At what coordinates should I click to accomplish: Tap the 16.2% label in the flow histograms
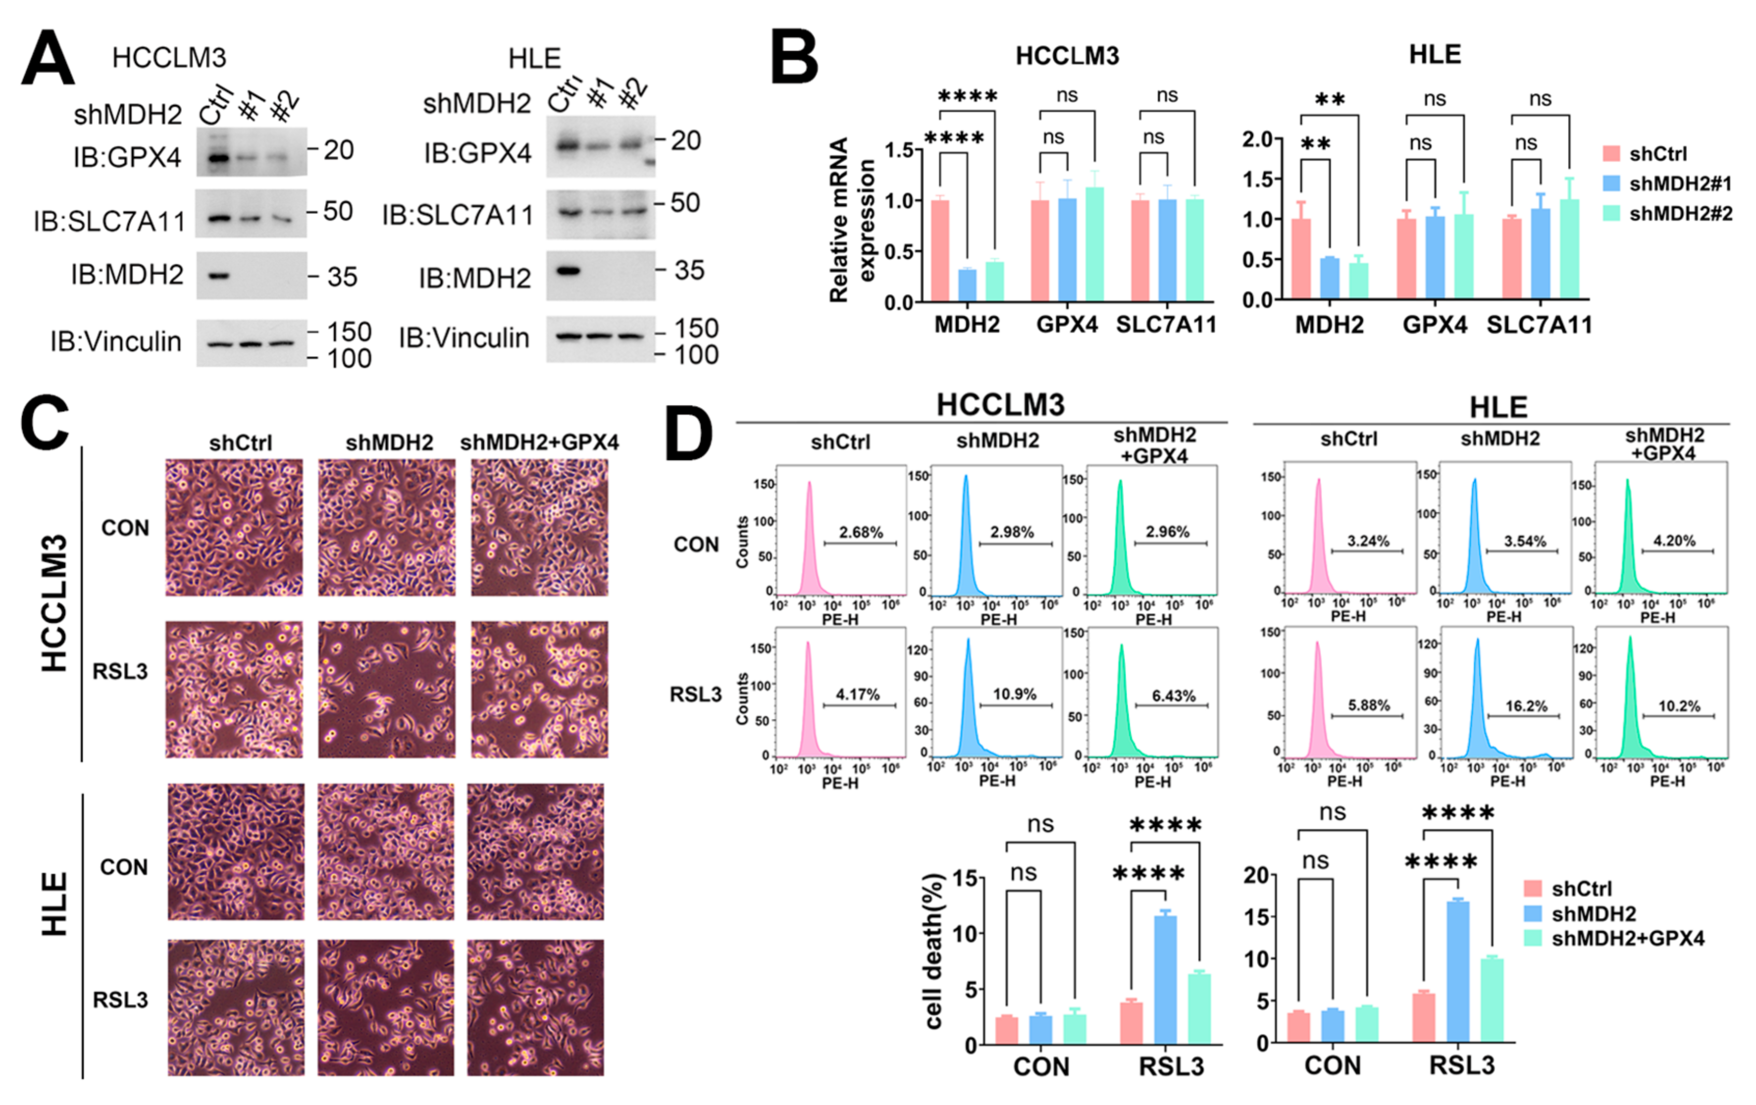click(x=1526, y=706)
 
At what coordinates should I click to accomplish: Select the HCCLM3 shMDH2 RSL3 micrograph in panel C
click(x=387, y=690)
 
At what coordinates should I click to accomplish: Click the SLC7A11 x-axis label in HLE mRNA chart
click(x=1539, y=325)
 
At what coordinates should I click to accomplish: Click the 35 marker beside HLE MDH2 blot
click(x=689, y=271)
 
